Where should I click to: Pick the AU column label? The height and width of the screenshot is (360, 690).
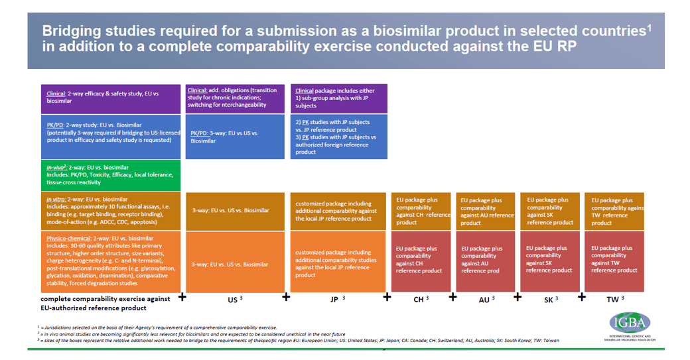(484, 299)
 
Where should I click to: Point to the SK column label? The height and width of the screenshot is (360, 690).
(550, 299)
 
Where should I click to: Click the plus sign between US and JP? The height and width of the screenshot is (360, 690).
(287, 297)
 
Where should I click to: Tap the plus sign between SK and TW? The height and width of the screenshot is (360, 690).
(581, 297)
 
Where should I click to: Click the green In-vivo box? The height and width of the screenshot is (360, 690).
(109, 174)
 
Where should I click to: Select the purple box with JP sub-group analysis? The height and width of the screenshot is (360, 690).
(338, 98)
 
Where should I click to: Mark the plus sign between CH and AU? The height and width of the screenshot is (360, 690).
(452, 297)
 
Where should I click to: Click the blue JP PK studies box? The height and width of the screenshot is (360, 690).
(338, 137)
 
